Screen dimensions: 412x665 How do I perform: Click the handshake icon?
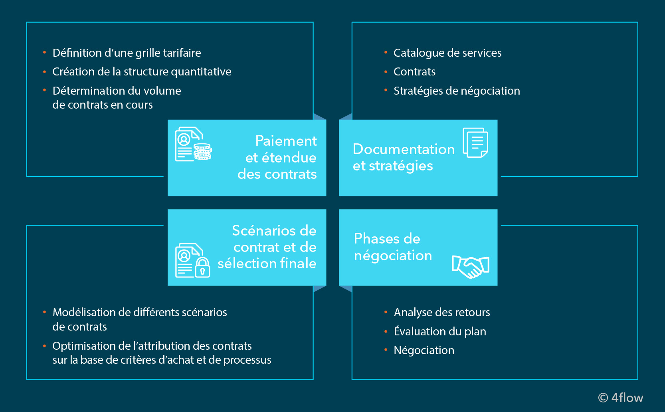(471, 266)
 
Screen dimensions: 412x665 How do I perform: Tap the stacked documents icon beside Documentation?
(475, 143)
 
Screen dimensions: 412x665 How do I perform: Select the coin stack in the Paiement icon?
(203, 152)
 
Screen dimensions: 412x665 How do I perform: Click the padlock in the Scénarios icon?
(202, 267)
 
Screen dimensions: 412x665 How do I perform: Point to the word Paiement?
(286, 141)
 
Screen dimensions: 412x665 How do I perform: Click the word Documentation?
(404, 149)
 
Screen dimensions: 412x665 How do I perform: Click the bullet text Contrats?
(414, 72)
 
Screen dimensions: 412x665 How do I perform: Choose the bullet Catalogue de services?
(447, 53)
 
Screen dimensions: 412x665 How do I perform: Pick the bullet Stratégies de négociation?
(457, 91)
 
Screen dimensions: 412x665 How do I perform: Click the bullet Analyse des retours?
(441, 313)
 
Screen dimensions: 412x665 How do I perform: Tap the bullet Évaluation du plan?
(439, 332)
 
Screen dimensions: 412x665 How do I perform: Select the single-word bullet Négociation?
(424, 351)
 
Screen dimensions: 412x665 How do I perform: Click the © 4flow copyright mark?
(620, 398)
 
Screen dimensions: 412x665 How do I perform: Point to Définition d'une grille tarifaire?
(127, 53)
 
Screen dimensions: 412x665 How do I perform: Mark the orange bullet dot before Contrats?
(386, 72)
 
